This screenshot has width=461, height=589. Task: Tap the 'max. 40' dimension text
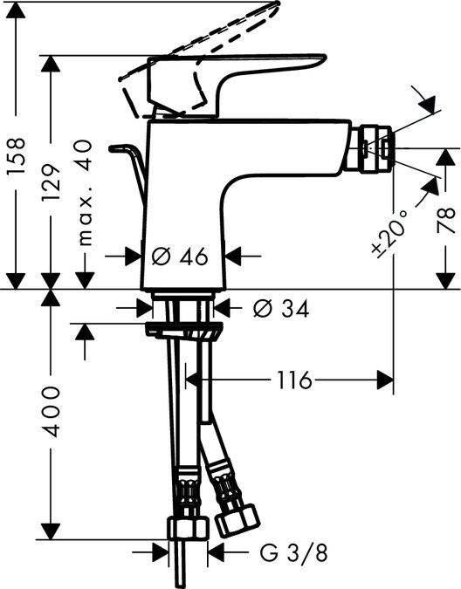[x=85, y=202]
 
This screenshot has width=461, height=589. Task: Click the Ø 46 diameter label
[x=180, y=257]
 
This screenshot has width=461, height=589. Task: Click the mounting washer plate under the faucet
[x=182, y=329]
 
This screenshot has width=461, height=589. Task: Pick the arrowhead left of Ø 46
[x=134, y=257]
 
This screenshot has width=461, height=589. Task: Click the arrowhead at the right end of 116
[x=383, y=380]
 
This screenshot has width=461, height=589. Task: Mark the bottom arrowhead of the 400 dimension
[x=53, y=531]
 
